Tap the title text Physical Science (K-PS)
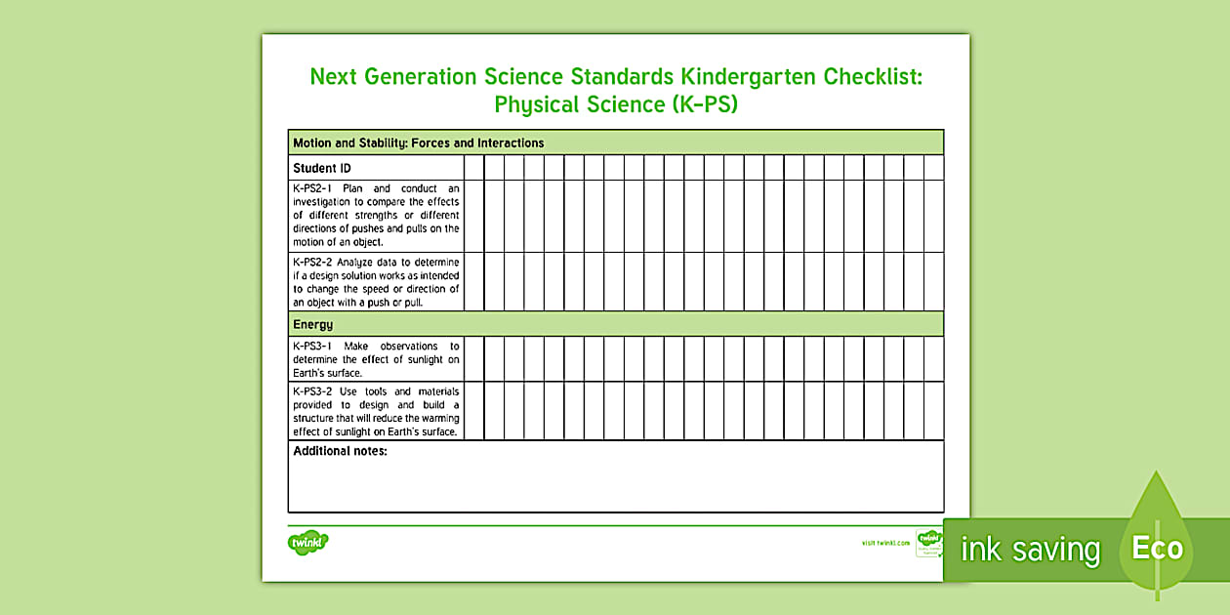[x=615, y=103]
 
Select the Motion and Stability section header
[x=419, y=143]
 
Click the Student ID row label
[x=322, y=168]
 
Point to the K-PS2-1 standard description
[x=376, y=216]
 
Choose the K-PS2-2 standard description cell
[x=376, y=282]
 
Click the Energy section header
[x=313, y=324]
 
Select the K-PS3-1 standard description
[x=376, y=359]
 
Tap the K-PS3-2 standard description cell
[x=376, y=412]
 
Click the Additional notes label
[x=341, y=451]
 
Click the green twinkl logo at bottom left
[x=307, y=542]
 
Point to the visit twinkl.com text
[x=885, y=543]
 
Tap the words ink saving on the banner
[x=1030, y=550]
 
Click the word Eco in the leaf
[x=1158, y=549]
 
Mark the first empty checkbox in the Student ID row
[x=473, y=168]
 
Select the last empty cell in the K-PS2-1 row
[x=933, y=216]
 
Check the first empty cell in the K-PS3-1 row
[x=473, y=359]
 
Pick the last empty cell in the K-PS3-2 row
[x=933, y=412]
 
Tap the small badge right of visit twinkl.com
[x=928, y=543]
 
